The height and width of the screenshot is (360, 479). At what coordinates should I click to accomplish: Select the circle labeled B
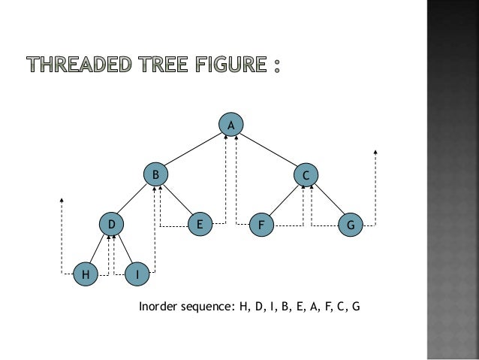coord(155,174)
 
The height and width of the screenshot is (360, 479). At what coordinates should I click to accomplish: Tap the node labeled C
coord(306,175)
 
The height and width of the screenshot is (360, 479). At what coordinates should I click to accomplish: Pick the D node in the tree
coord(111,224)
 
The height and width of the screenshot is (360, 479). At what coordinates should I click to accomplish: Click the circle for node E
coord(199,224)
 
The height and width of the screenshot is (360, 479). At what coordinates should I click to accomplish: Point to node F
coord(261,225)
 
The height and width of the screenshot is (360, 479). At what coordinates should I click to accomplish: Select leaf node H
coord(86,275)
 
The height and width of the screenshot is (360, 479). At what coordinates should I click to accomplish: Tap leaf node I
coord(137,275)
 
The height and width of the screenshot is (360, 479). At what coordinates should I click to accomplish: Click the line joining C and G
coord(328,200)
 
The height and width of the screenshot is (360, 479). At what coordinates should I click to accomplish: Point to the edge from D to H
coord(98,250)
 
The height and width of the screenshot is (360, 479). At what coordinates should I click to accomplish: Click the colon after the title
coord(278,67)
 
